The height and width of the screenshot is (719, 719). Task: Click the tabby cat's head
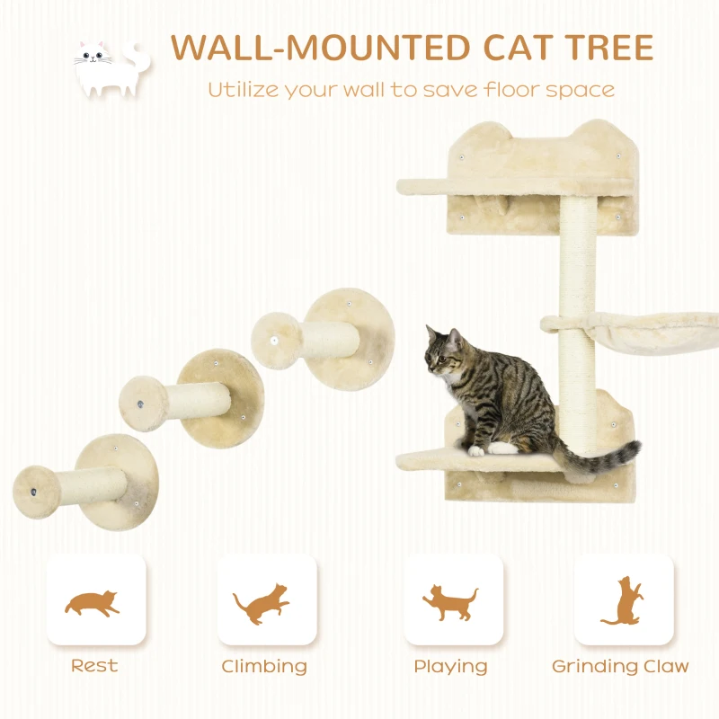coord(444,352)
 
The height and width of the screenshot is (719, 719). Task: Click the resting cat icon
coord(93,602)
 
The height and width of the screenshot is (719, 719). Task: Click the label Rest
coord(94,666)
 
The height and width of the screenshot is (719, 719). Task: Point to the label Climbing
coord(264,667)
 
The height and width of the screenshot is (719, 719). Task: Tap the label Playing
coord(450,667)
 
